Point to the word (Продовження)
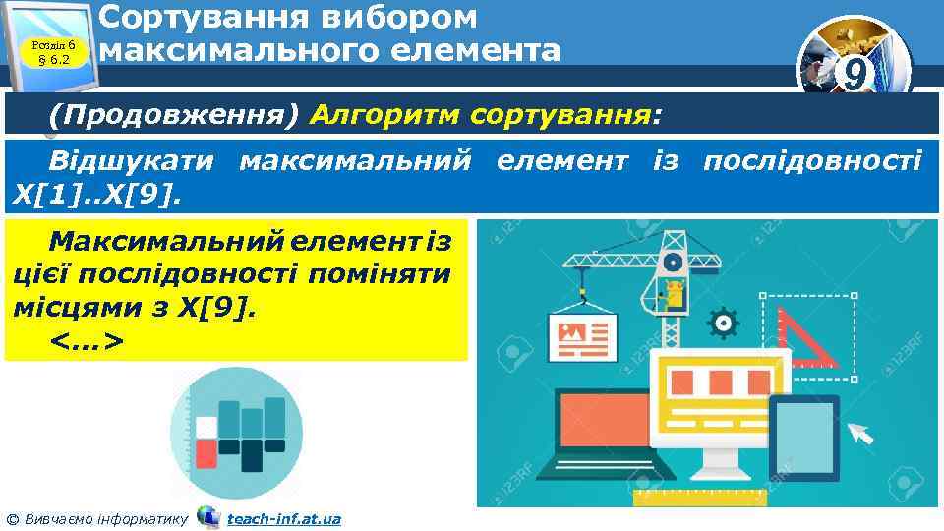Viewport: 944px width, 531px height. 174,117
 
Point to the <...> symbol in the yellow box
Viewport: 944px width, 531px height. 86,339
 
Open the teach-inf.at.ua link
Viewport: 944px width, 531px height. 283,518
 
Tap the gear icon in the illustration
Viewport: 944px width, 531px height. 723,322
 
